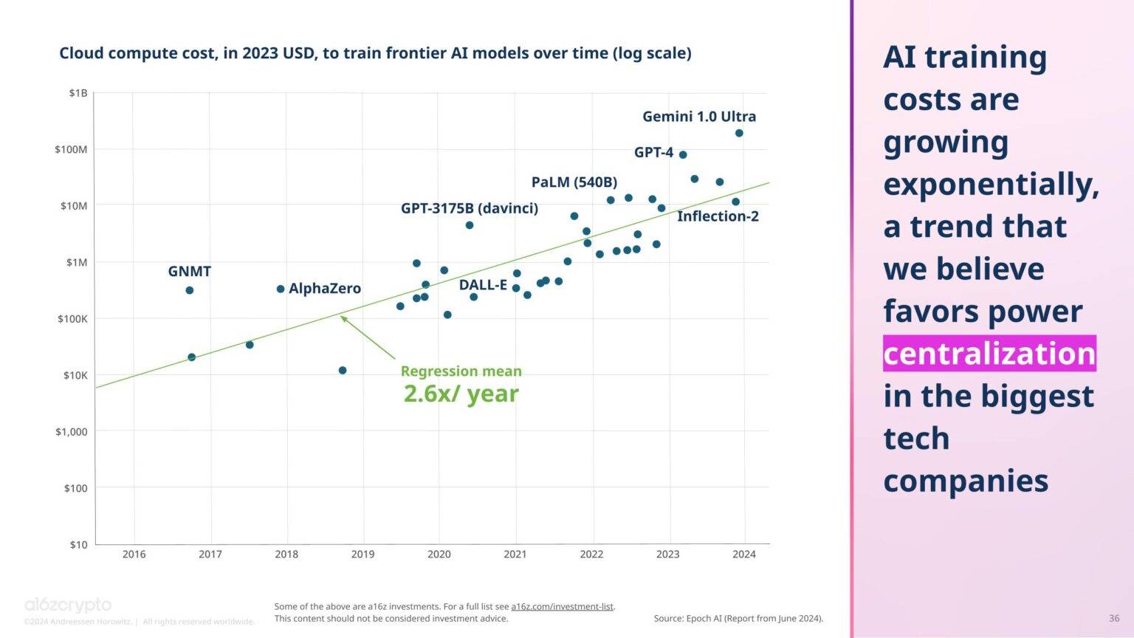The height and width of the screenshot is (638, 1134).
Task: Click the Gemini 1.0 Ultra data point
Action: [x=739, y=133]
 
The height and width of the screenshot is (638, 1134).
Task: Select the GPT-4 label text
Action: [x=653, y=152]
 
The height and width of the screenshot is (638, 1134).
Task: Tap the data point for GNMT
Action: [x=190, y=290]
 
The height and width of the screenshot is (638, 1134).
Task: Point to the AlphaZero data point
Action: [x=281, y=289]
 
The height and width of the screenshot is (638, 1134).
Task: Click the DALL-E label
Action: [x=483, y=285]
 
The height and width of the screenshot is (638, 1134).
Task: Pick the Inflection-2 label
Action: [x=718, y=216]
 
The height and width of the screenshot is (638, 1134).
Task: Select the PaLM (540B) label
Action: [x=574, y=182]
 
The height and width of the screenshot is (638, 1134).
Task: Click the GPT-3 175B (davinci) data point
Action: [x=470, y=225]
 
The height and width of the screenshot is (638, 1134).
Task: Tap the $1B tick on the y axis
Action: [x=78, y=93]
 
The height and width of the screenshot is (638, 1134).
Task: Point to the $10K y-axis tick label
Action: [x=75, y=375]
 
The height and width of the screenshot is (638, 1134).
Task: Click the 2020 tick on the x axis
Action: [x=439, y=555]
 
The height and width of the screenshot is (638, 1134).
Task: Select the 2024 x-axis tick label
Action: [x=744, y=555]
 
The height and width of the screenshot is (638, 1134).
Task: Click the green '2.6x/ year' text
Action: [x=461, y=394]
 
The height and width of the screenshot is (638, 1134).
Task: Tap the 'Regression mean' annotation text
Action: [x=461, y=371]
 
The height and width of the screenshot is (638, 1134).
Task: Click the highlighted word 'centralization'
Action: [x=989, y=354]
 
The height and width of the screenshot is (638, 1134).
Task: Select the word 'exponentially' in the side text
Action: [x=990, y=184]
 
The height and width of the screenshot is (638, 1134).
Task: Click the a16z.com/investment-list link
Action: [x=563, y=606]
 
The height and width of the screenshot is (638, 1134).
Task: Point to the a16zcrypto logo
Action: [x=68, y=606]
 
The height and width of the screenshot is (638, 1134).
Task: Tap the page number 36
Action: [x=1114, y=618]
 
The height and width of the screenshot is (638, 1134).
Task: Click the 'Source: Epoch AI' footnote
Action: [x=738, y=618]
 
